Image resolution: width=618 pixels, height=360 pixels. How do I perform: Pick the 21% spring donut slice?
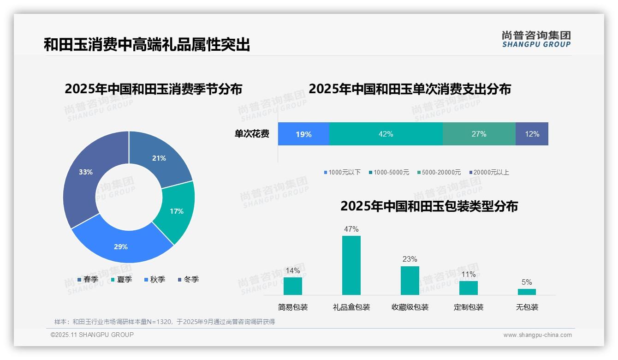[x=159, y=159]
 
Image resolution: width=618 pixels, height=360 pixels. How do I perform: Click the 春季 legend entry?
[x=88, y=279]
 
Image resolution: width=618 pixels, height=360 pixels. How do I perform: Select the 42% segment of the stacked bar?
[x=386, y=134]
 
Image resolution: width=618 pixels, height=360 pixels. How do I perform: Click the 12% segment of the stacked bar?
[x=532, y=134]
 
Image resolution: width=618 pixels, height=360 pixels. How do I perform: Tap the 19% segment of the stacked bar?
[x=303, y=134]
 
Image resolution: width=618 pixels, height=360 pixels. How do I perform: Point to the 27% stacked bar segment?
[x=479, y=134]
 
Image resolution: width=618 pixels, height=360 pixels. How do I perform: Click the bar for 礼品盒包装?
[x=351, y=265]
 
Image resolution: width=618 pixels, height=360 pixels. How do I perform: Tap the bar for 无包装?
[x=527, y=292]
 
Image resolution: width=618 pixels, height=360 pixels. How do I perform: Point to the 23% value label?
[x=410, y=259]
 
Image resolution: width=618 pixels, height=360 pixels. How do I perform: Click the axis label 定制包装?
[x=468, y=307]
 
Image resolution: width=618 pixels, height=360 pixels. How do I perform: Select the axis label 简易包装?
[x=293, y=307]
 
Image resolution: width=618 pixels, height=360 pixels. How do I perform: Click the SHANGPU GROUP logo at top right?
[x=536, y=39]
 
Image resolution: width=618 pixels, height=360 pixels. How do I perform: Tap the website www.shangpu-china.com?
[x=537, y=335]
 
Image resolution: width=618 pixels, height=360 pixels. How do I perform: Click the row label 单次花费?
[x=252, y=134]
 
